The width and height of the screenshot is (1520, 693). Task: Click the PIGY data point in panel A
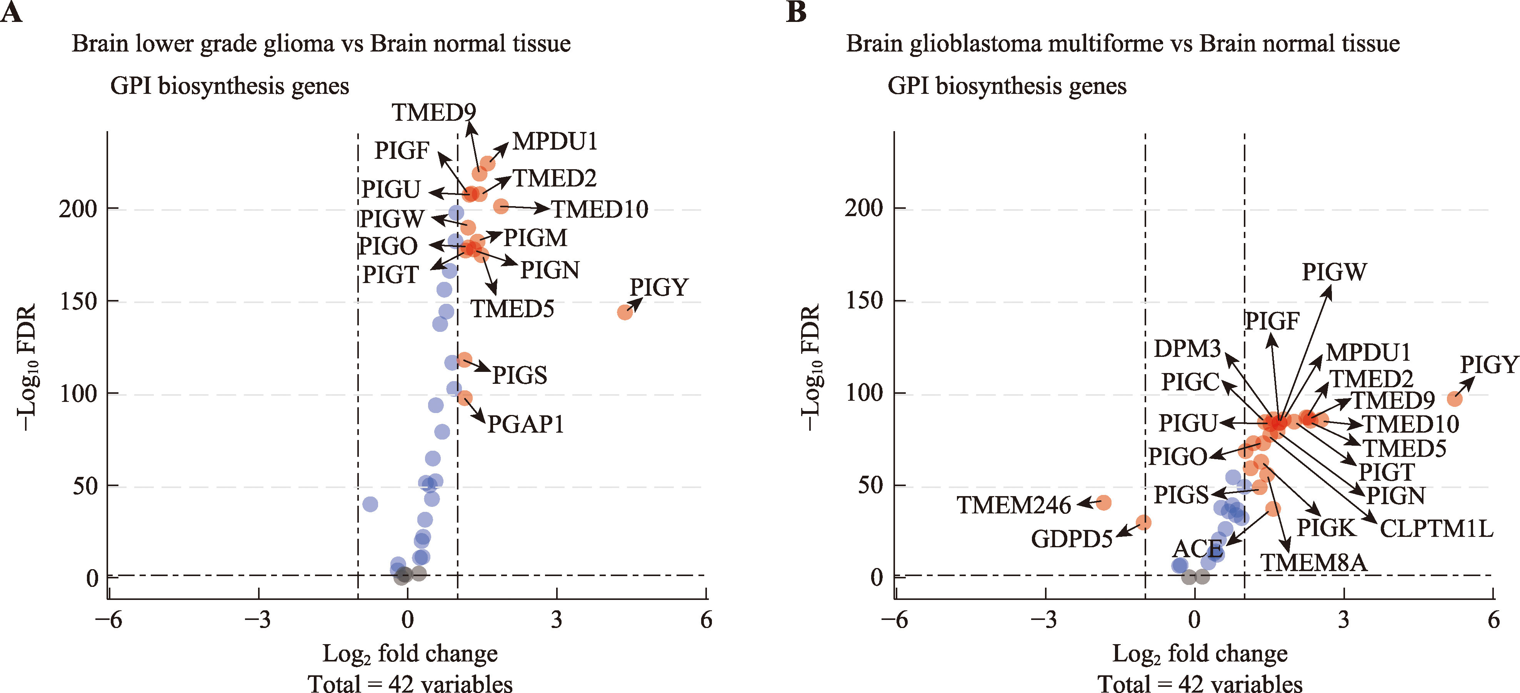tap(625, 312)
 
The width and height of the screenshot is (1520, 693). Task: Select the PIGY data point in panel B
tap(1455, 399)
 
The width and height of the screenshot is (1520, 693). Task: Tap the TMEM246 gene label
tap(1013, 505)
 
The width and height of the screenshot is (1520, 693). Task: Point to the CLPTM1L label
tap(1436, 528)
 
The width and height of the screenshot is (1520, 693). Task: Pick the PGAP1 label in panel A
tap(525, 424)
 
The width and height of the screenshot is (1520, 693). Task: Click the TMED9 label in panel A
tap(434, 112)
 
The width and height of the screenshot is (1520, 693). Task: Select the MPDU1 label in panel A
tap(555, 142)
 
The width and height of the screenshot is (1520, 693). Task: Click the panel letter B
tap(796, 12)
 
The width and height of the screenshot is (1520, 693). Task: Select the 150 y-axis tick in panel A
tap(78, 302)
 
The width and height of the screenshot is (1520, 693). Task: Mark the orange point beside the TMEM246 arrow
tap(1103, 503)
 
